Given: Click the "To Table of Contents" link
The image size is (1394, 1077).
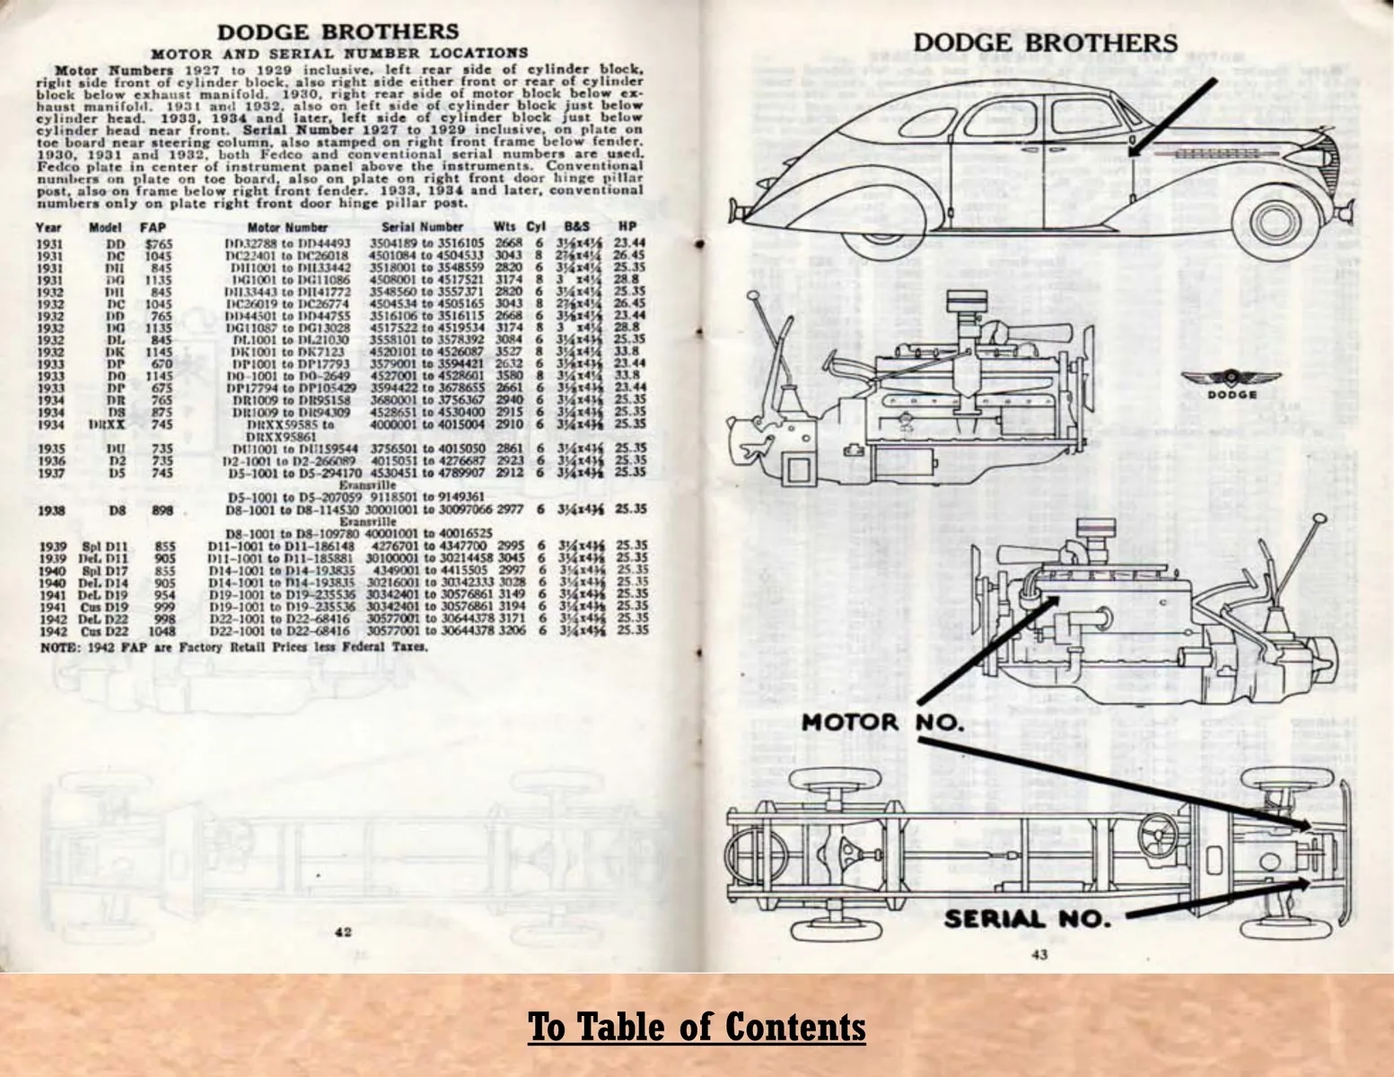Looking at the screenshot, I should [697, 1026].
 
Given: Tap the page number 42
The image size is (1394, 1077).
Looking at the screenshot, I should [343, 932].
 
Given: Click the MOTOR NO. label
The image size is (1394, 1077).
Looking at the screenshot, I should [882, 722].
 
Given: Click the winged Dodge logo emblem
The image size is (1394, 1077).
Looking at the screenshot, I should [1217, 382].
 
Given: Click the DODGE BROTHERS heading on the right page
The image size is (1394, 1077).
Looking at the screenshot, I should [1045, 42].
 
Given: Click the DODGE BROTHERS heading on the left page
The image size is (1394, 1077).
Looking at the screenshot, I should [338, 32].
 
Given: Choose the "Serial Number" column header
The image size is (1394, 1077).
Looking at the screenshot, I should [422, 227].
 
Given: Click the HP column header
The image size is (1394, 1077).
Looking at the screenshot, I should [627, 227].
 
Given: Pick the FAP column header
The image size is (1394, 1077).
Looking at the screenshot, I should [153, 227].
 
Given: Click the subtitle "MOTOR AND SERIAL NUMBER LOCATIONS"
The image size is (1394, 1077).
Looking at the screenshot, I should [338, 53].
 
